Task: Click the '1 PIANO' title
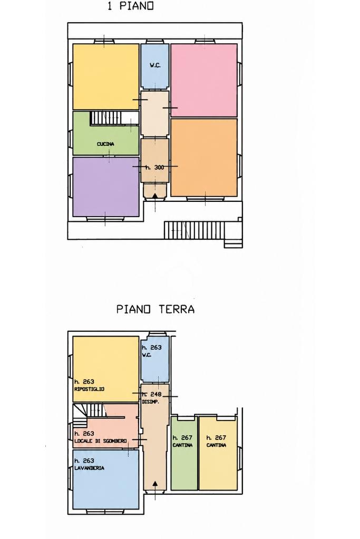[131, 6]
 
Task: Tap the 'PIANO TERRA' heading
[155, 309]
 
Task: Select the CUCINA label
[105, 144]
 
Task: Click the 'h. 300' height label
[155, 168]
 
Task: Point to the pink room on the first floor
[204, 80]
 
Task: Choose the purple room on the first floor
[106, 187]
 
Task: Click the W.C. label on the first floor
[155, 65]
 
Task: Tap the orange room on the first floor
[204, 158]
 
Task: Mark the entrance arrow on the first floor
[155, 195]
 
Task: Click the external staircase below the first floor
[194, 230]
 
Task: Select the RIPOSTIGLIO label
[89, 389]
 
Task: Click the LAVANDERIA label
[89, 468]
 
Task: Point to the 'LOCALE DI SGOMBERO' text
[100, 441]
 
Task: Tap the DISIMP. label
[151, 401]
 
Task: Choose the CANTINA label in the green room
[182, 445]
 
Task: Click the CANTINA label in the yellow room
[216, 445]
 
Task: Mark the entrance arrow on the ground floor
[155, 484]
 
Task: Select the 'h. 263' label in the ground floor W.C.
[152, 348]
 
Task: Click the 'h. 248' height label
[152, 394]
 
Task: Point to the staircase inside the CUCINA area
[105, 118]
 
